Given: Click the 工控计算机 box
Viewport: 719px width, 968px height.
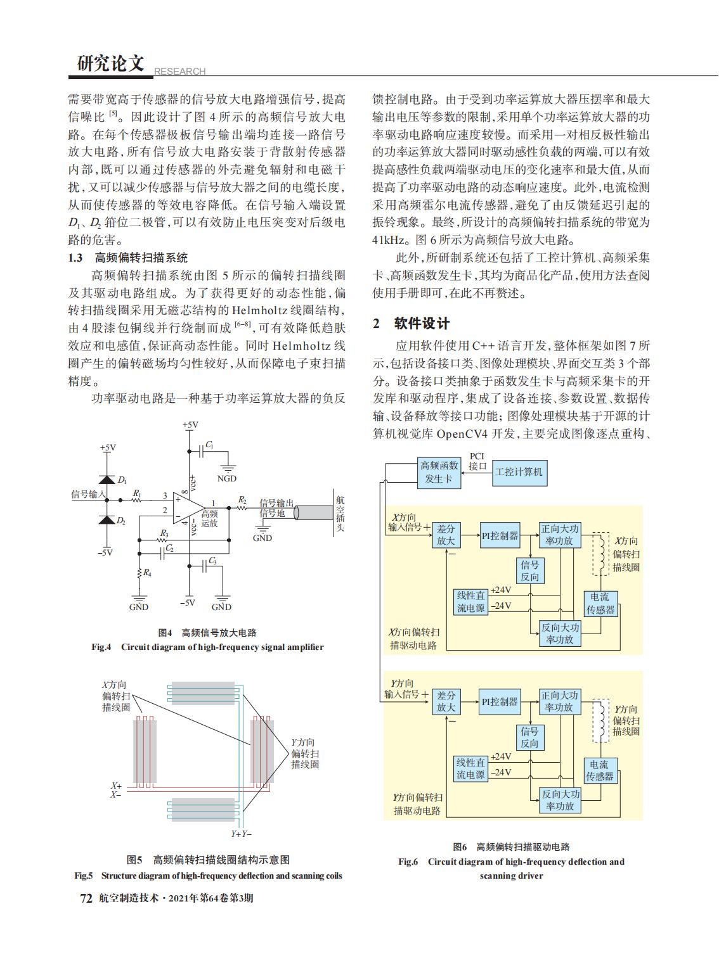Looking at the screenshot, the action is pos(519,473).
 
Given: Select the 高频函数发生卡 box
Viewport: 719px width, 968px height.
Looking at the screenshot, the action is pos(439,473).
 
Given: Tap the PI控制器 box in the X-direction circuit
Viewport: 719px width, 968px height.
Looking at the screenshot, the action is pos(500,535).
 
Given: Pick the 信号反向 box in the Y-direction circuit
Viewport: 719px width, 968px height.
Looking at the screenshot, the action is pos(529,737).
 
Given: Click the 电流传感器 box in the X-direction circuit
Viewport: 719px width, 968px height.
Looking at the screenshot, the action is pos(600,604).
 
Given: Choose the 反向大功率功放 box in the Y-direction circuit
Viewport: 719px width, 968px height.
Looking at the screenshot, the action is pos(560,800).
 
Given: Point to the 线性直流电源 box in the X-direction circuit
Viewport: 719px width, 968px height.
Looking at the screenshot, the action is pos(471,602).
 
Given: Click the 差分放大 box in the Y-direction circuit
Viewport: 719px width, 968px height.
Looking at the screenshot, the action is pos(446,702).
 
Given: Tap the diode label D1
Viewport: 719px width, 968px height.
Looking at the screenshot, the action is pos(122,480).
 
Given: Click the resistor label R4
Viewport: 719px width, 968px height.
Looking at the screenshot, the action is pos(147,573).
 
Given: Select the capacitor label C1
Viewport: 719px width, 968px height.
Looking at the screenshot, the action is pos(210,445).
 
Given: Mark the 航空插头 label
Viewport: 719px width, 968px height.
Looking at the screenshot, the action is pos(340,513).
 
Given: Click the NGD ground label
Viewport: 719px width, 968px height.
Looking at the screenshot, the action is pos(227,478).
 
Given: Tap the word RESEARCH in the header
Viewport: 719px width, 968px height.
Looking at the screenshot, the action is pos(179,71).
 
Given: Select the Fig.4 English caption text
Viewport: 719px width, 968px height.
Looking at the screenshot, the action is pos(207,647).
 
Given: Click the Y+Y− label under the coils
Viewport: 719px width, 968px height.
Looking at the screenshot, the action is pos(241,834).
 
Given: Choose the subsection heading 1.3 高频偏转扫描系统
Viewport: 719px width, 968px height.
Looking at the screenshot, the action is pos(127,258).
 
